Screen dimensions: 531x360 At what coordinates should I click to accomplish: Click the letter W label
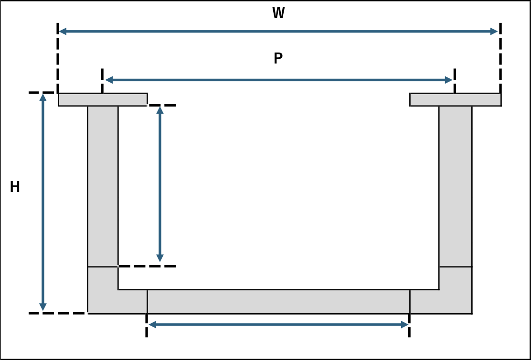tap(278, 13)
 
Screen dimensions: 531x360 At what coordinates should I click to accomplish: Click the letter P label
tap(278, 58)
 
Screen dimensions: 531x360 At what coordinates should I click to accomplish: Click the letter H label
tap(14, 187)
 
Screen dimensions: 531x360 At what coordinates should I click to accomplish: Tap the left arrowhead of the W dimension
tap(63, 32)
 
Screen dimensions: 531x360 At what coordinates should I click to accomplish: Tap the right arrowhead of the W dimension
tap(494, 32)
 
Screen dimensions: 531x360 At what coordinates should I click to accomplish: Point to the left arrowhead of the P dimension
tap(109, 80)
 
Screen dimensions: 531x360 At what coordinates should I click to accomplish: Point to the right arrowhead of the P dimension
tap(449, 80)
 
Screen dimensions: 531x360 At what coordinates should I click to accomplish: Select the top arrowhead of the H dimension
tap(42, 97)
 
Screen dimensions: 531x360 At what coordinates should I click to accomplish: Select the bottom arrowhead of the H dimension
tap(42, 307)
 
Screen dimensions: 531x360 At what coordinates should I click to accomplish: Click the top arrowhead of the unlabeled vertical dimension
tap(160, 110)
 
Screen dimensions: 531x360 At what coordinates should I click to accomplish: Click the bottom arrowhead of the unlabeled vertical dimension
tap(160, 258)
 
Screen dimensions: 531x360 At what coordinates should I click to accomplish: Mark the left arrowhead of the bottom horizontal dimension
tap(152, 325)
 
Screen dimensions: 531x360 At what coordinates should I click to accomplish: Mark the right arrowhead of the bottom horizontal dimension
tap(404, 325)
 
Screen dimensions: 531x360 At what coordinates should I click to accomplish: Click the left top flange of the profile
tap(103, 100)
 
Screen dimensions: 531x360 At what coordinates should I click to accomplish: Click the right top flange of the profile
tap(455, 100)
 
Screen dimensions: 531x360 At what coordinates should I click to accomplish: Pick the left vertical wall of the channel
tap(103, 186)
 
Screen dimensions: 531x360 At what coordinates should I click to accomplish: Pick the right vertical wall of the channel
tap(455, 186)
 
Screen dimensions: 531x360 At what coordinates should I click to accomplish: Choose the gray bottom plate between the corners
tap(278, 302)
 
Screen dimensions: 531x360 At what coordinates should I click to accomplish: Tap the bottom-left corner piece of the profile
tap(103, 298)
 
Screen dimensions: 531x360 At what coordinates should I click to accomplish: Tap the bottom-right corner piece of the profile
tap(455, 298)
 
